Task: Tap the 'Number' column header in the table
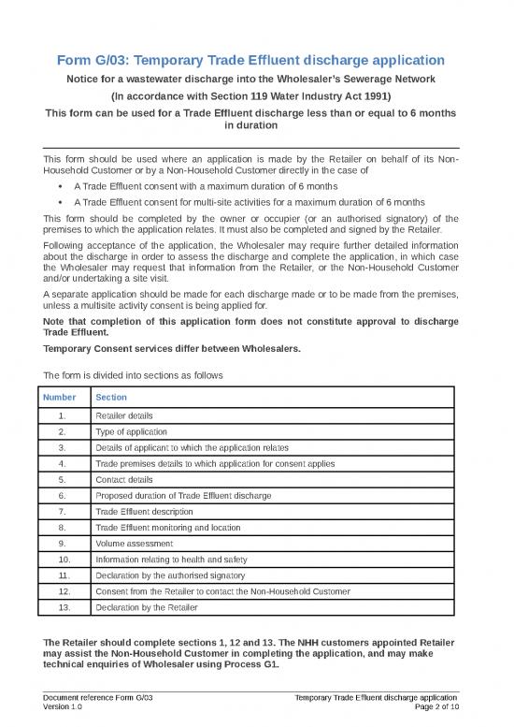[x=61, y=398]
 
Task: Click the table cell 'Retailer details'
[x=126, y=415]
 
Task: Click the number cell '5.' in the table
[x=61, y=478]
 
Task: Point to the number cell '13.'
[x=61, y=607]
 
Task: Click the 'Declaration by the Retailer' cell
[x=147, y=607]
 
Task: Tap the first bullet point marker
[x=60, y=186]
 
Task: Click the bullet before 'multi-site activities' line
[x=60, y=201]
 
